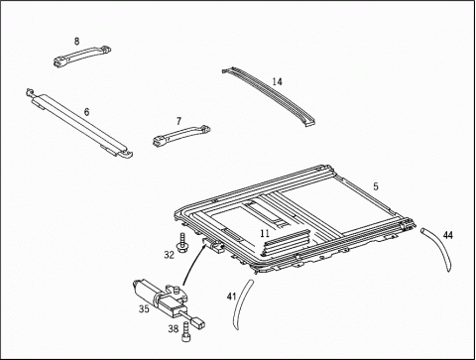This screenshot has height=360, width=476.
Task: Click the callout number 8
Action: [x=76, y=41]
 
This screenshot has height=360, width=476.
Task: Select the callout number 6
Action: [x=86, y=112]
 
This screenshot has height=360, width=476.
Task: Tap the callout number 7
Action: [x=178, y=121]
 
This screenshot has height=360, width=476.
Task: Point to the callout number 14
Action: [x=278, y=81]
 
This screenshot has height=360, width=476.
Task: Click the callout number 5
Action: [x=376, y=186]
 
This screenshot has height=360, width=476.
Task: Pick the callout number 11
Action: [x=265, y=233]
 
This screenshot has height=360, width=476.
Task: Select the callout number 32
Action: [x=169, y=255]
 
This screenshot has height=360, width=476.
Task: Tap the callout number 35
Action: [x=144, y=309]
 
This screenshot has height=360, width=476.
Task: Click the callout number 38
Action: [x=174, y=328]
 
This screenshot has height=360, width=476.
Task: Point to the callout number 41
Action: [x=231, y=297]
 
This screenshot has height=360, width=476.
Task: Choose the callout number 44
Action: [x=448, y=235]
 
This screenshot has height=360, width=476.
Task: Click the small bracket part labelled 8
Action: [x=82, y=56]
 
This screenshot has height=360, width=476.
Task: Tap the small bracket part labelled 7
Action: [x=181, y=136]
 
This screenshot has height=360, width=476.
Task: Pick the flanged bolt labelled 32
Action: [x=181, y=243]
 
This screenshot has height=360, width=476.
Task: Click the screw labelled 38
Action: [x=185, y=332]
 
